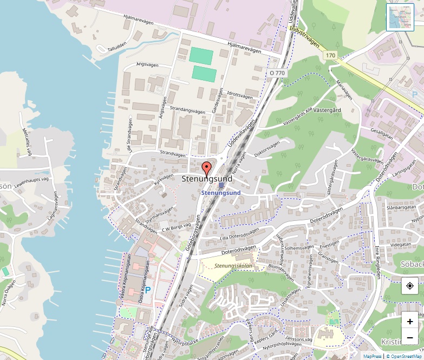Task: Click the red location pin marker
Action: [x=206, y=167]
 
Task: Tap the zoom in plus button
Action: [x=410, y=322]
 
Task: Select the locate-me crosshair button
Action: [x=410, y=286]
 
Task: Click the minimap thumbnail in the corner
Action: [x=400, y=17]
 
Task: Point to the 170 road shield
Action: [x=331, y=55]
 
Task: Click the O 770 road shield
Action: [x=277, y=73]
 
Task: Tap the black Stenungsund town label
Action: [x=207, y=179]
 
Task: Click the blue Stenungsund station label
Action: [x=220, y=192]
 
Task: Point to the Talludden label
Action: [x=116, y=47]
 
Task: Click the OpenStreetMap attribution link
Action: [x=405, y=356]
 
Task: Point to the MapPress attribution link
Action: [x=373, y=356]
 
